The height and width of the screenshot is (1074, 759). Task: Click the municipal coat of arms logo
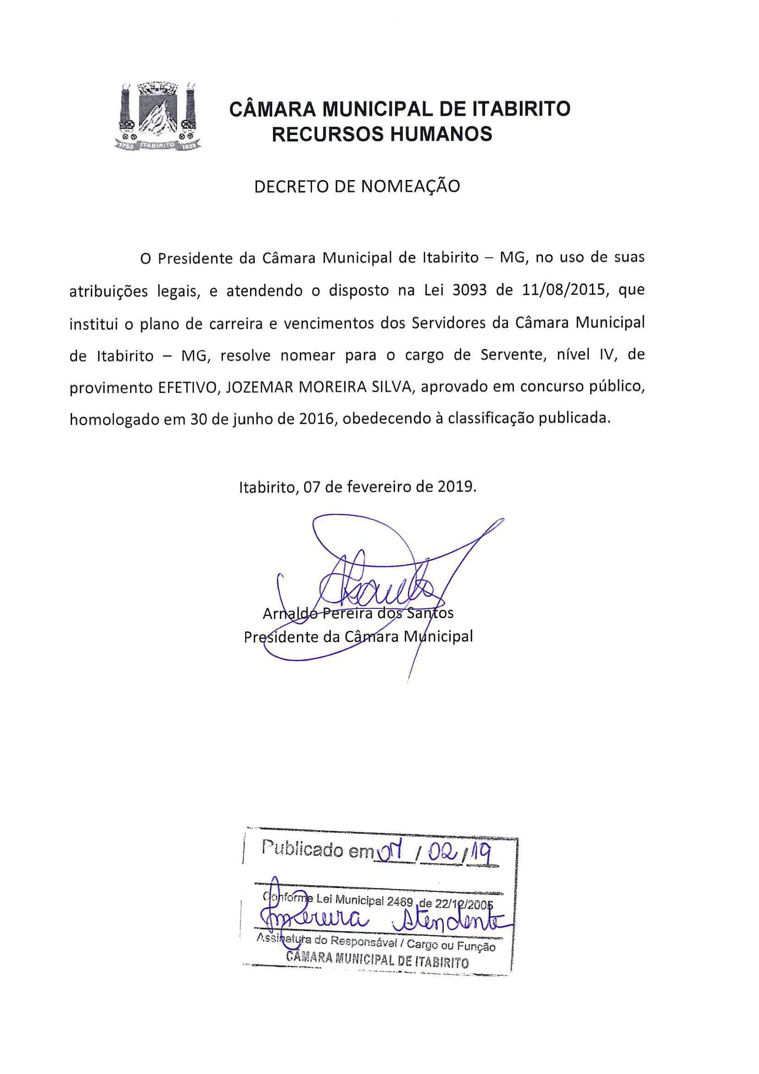tap(157, 117)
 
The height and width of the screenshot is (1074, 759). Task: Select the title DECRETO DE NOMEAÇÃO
tap(357, 186)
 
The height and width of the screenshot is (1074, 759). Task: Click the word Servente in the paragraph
tap(509, 355)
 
